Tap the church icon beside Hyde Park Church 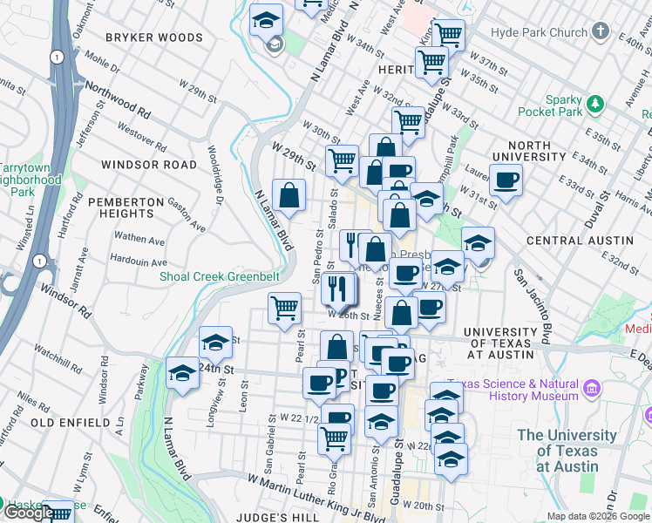pyautogui.click(x=599, y=32)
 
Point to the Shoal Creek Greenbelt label pyautogui.click(x=219, y=276)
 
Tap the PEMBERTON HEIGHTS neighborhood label pyautogui.click(x=127, y=207)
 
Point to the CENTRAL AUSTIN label pyautogui.click(x=579, y=241)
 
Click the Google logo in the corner pyautogui.click(x=28, y=513)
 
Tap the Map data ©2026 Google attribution pyautogui.click(x=598, y=516)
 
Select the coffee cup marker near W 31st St pyautogui.click(x=505, y=181)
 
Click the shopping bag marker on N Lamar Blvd pyautogui.click(x=289, y=194)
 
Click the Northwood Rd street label pyautogui.click(x=119, y=101)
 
